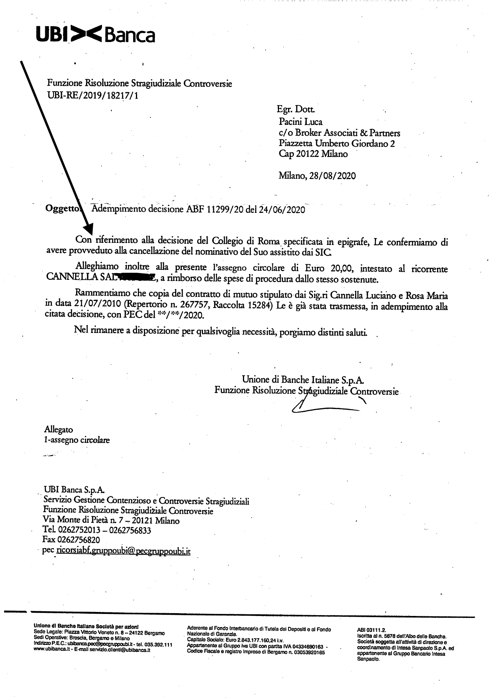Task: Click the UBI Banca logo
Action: pos(95,35)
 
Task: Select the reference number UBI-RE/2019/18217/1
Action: pos(93,95)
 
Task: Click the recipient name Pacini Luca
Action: pos(300,122)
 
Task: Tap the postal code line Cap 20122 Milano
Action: pos(313,154)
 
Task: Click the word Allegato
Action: pos(59,429)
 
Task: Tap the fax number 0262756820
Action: pos(78,539)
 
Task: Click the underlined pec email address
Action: pos(124,551)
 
